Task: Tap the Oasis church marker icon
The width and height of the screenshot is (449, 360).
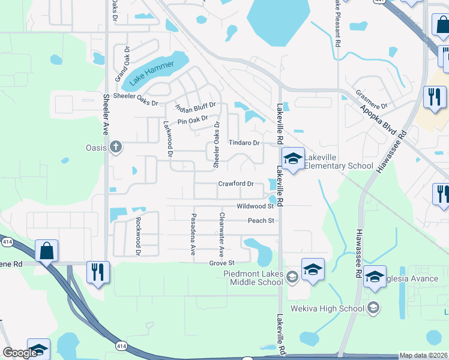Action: tap(116, 147)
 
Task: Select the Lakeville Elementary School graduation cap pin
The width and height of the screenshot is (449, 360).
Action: tap(293, 159)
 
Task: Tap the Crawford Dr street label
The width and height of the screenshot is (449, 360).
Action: tap(236, 184)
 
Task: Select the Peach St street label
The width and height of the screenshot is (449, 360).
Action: tap(261, 221)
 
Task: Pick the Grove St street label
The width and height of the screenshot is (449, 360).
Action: tap(221, 263)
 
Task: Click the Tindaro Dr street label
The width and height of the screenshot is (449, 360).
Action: tap(244, 143)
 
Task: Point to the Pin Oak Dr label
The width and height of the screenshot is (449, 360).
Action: tap(192, 121)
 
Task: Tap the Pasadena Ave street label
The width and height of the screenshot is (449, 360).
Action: tap(193, 234)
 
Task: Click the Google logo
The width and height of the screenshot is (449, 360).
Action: tap(20, 353)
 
